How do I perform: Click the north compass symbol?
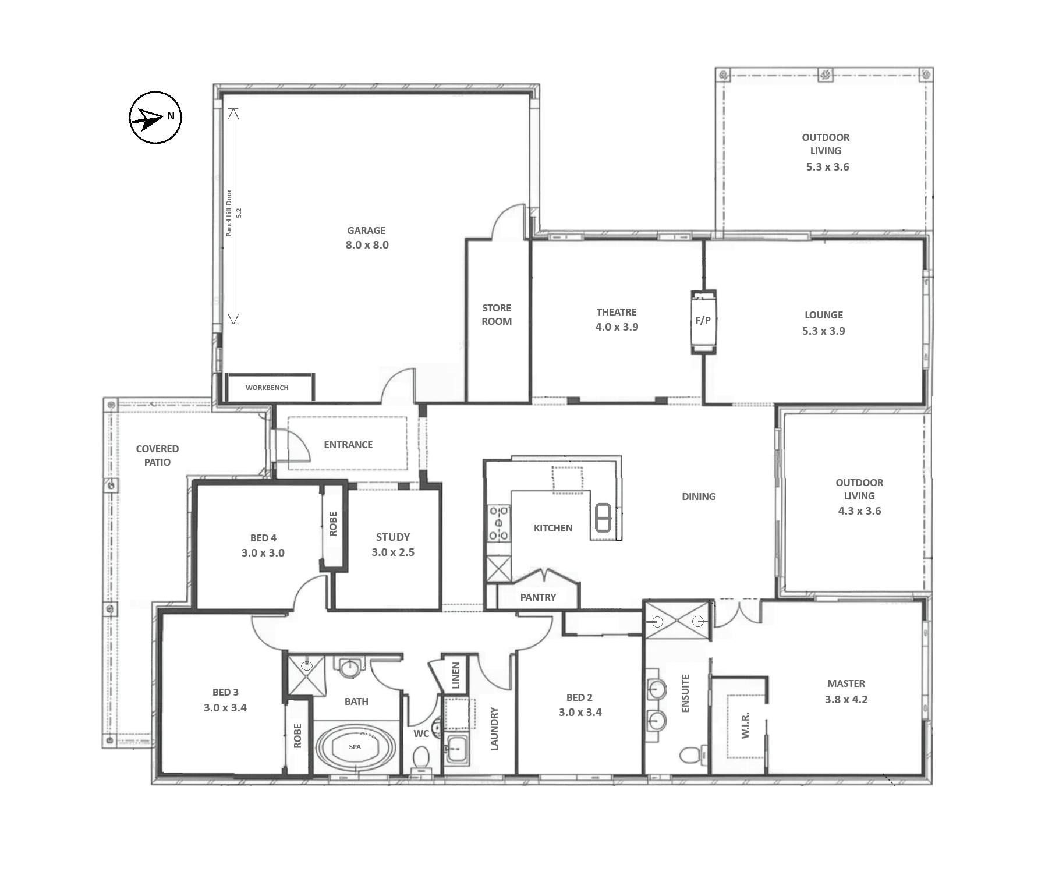click(155, 117)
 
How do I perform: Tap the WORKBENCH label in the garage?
click(267, 388)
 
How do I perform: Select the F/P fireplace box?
click(703, 321)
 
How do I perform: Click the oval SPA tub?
click(355, 747)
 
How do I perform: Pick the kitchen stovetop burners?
click(500, 523)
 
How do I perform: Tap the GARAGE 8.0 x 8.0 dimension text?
click(367, 245)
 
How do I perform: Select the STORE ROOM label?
click(497, 314)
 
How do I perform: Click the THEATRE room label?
click(617, 312)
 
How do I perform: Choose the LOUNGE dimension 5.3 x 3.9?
click(823, 331)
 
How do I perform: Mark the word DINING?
click(699, 497)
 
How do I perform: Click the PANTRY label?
click(538, 597)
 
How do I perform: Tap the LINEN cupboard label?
click(456, 675)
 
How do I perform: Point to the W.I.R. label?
click(745, 725)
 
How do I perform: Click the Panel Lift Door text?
click(229, 212)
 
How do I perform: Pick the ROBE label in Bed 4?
click(333, 524)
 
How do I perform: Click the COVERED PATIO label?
click(157, 455)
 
